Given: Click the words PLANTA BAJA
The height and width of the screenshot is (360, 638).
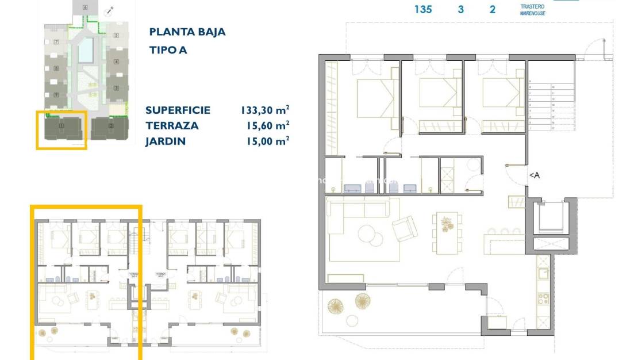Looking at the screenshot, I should pyautogui.click(x=187, y=32).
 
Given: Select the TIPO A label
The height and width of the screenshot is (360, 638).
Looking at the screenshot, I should pyautogui.click(x=168, y=50).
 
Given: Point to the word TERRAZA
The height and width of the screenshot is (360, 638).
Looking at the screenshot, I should pyautogui.click(x=172, y=126).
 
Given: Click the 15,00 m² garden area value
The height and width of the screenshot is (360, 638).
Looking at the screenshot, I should pyautogui.click(x=264, y=141).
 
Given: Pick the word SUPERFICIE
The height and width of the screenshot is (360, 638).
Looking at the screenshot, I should pyautogui.click(x=178, y=110).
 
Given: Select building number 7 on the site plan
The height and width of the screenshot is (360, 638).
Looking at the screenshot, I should pyautogui.click(x=56, y=43).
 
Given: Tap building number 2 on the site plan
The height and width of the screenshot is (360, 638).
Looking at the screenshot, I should pyautogui.click(x=111, y=125).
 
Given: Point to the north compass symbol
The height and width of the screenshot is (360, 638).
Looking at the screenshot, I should pyautogui.click(x=109, y=10).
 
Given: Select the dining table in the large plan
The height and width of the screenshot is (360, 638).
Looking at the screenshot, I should pyautogui.click(x=447, y=232).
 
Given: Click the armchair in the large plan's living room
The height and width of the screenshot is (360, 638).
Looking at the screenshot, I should pyautogui.click(x=405, y=229).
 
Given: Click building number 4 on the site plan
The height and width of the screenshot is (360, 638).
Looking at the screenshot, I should pyautogui.click(x=117, y=62).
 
